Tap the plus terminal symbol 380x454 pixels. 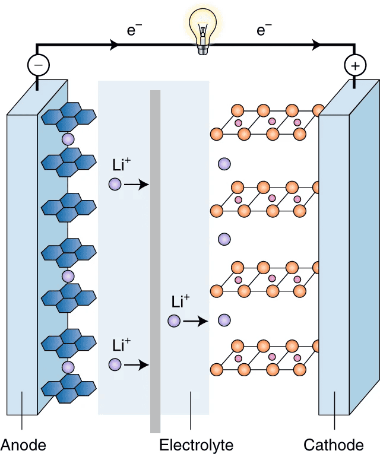coord(355,66)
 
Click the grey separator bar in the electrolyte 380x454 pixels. coord(156,261)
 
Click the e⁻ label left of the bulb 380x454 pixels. coord(134,30)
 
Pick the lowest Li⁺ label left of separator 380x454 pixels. coord(121,344)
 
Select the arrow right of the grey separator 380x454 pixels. coord(195,321)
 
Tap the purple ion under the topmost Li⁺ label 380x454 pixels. coord(115,185)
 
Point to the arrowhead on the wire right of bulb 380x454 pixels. coord(316,45)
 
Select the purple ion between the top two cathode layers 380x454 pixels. coord(224,163)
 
